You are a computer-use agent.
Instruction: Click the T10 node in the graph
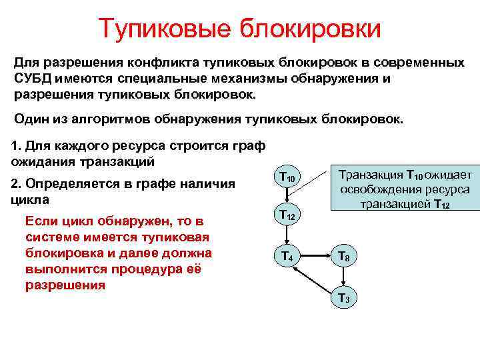[287, 177]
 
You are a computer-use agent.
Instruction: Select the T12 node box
[287, 215]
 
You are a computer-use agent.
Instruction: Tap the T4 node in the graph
[287, 255]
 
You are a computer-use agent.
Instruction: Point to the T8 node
[344, 255]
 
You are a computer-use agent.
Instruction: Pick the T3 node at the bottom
[344, 297]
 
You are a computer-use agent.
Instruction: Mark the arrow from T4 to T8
[315, 255]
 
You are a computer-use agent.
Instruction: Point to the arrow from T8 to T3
[344, 276]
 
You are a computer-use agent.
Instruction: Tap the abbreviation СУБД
[31, 79]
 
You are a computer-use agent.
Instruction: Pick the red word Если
[38, 221]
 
